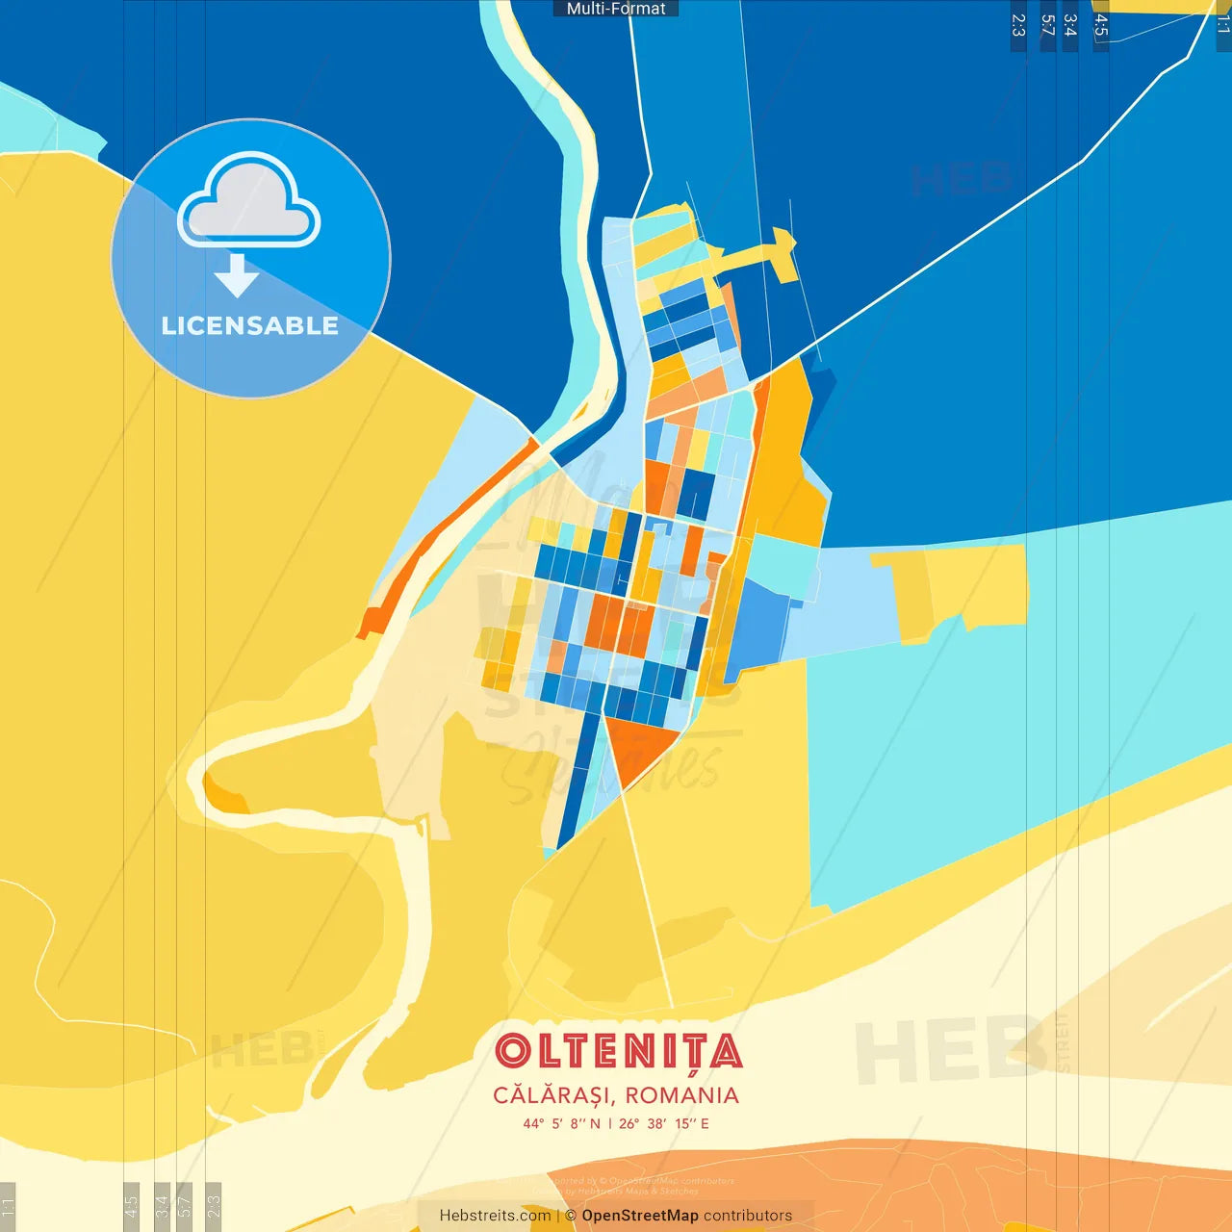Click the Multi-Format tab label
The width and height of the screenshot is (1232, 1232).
point(616,9)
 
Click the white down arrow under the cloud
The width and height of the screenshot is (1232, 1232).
point(237,275)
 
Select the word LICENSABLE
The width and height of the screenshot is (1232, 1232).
point(250,326)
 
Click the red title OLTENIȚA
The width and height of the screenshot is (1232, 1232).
point(618,1052)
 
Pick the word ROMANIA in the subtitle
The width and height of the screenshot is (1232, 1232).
point(682,1095)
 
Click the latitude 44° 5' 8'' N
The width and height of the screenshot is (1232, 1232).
point(561,1123)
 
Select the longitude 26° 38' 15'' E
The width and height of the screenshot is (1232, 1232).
point(664,1123)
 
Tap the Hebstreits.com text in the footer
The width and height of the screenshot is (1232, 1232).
point(495,1216)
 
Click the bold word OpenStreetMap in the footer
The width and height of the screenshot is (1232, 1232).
point(640,1216)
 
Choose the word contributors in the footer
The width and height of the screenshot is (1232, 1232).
point(748,1216)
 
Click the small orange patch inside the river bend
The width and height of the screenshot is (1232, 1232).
point(223,798)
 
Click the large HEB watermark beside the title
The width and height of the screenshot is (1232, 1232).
point(948,1049)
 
